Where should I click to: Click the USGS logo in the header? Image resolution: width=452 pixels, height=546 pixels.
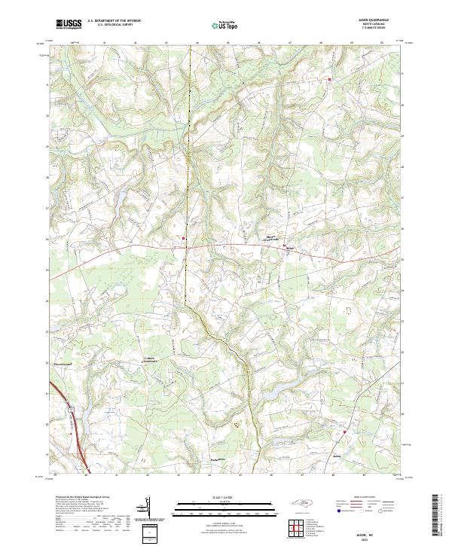(69, 24)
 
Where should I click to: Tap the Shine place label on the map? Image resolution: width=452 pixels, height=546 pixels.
(288, 246)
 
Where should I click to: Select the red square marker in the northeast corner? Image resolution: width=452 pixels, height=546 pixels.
(329, 78)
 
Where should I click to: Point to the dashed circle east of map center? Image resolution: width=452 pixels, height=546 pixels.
(348, 309)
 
